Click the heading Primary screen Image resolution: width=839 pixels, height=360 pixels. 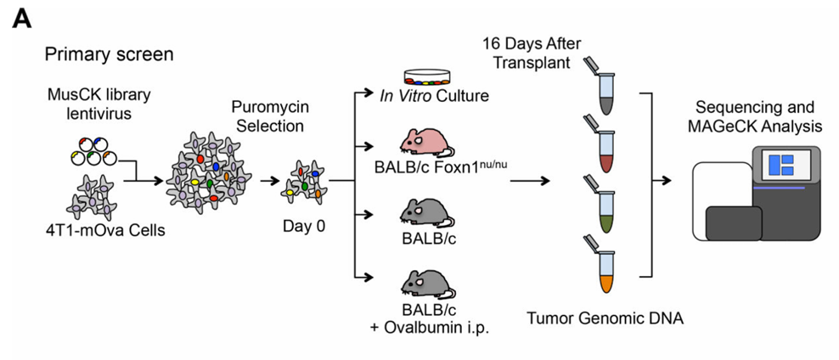pos(110,55)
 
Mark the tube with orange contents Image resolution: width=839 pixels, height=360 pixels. pos(605,265)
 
